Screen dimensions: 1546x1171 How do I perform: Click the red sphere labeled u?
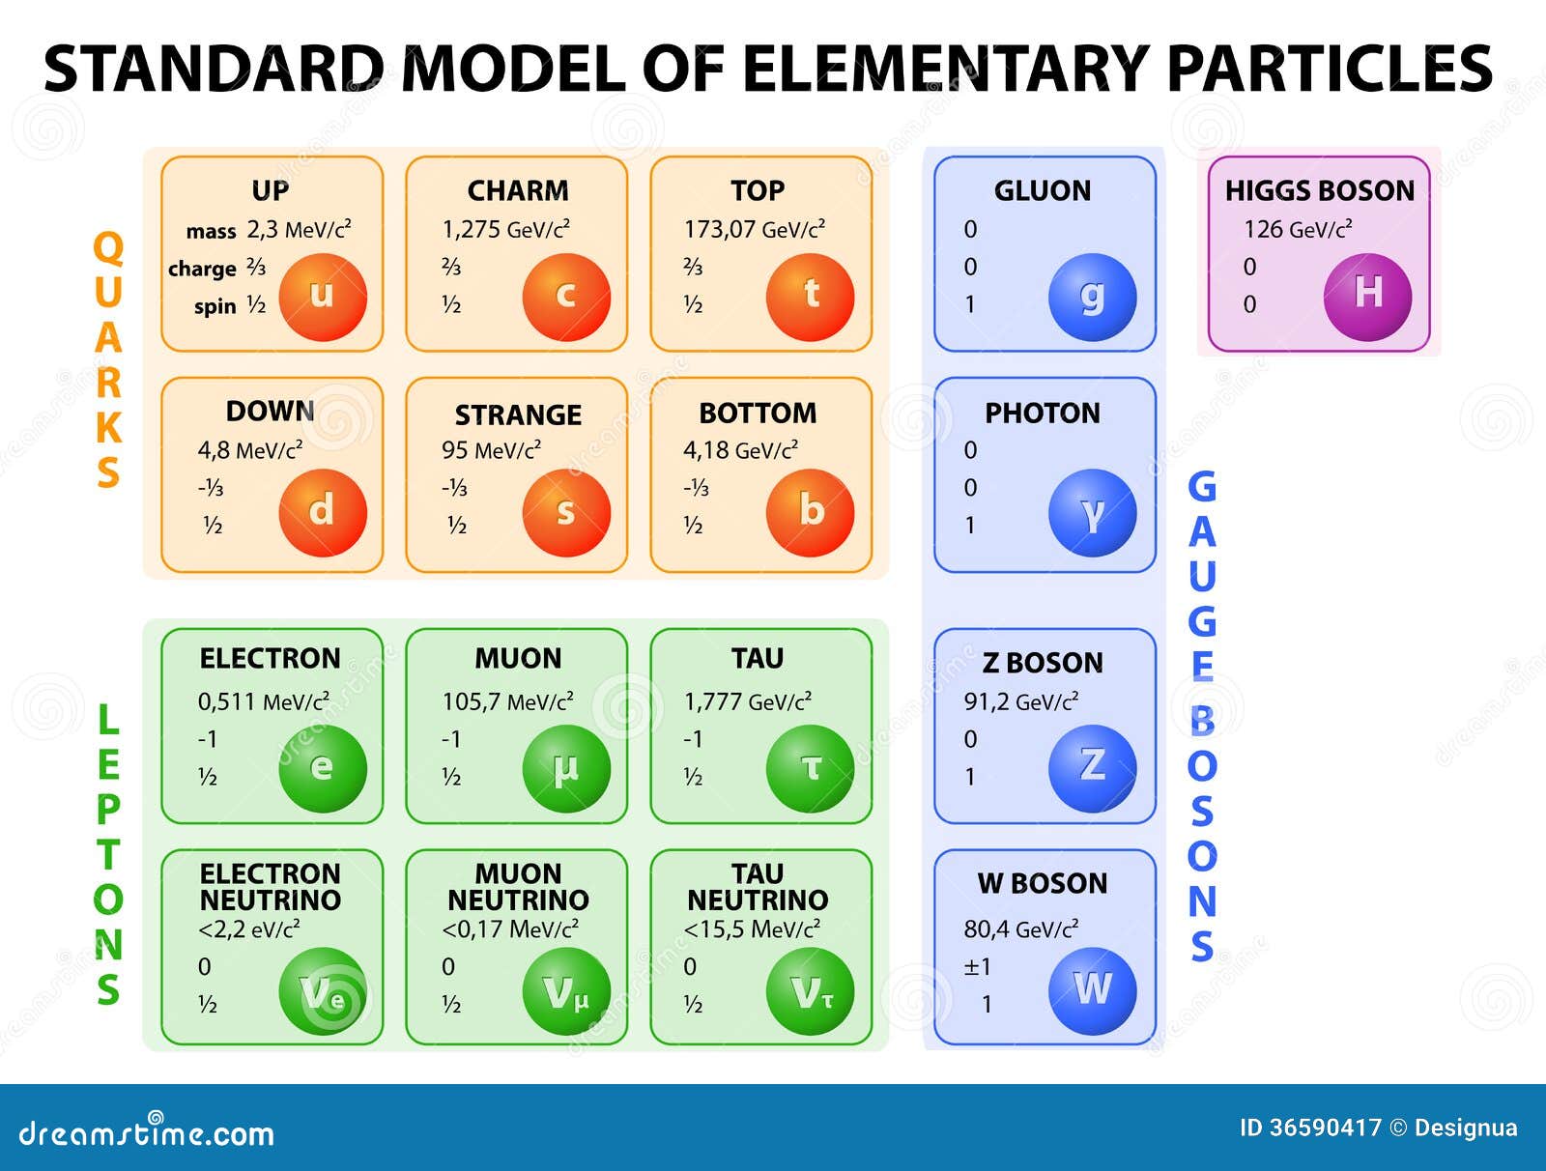tap(323, 298)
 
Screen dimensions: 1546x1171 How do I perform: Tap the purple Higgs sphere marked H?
tap(1367, 298)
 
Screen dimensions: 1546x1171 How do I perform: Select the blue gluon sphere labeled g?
tap(1093, 298)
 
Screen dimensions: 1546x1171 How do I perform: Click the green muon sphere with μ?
tap(566, 769)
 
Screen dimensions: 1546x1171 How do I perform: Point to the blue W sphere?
tap(1093, 990)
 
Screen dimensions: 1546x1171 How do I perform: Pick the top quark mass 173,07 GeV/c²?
tap(755, 230)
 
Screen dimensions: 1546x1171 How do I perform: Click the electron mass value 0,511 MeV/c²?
tap(264, 701)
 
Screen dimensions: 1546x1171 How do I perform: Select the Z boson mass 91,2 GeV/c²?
tap(1021, 701)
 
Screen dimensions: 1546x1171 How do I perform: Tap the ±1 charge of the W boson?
tap(977, 967)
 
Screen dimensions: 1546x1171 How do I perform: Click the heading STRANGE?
tap(518, 414)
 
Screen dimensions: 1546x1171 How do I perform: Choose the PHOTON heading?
tap(1043, 414)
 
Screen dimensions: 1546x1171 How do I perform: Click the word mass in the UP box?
tap(212, 231)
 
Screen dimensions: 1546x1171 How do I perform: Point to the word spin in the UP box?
tap(215, 306)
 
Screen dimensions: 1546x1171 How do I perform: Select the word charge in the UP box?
tap(202, 269)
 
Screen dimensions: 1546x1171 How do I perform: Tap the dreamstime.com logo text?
tap(146, 1133)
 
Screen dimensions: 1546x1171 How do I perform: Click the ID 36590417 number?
tap(1310, 1128)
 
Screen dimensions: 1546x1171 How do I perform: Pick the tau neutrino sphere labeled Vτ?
tap(810, 990)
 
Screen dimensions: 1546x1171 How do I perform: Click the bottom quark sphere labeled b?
tap(810, 513)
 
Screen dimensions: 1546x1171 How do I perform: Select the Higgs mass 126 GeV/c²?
tap(1298, 230)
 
